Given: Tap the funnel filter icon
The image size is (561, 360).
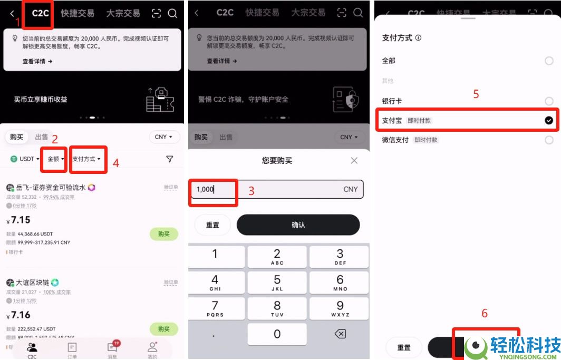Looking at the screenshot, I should tap(169, 159).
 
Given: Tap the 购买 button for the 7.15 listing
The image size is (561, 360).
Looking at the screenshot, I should tap(164, 234).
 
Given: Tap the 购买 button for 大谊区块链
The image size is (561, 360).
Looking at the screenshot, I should tap(164, 329).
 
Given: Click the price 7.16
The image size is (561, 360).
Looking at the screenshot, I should tap(19, 315).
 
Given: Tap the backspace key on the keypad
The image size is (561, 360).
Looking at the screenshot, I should tap(340, 334).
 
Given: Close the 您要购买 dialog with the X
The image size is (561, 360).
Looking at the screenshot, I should tap(354, 160).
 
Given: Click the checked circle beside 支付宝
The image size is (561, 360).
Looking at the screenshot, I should tap(549, 121).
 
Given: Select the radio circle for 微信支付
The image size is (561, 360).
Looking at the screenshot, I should tap(549, 140).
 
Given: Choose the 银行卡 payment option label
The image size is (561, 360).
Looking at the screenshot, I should tap(392, 101).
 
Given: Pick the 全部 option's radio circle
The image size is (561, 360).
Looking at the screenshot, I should tap(549, 61).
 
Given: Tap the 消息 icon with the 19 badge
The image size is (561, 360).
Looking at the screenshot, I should tap(112, 348).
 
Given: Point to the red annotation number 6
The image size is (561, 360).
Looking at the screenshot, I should tap(485, 313).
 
